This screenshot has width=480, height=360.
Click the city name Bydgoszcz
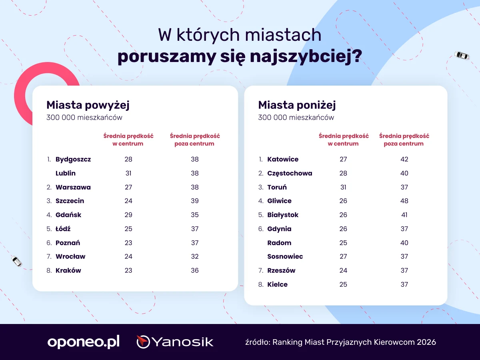click(73, 159)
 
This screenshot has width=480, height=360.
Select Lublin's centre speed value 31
click(128, 173)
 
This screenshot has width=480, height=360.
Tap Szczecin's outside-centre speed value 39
click(195, 201)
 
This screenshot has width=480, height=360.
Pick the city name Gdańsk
click(68, 215)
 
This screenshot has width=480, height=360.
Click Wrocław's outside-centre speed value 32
click(195, 256)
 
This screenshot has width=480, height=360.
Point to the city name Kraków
click(68, 270)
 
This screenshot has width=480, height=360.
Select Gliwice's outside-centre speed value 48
click(404, 201)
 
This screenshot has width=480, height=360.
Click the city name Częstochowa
click(290, 173)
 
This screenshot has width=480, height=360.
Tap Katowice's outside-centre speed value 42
click(404, 159)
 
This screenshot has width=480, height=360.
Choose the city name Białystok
click(283, 215)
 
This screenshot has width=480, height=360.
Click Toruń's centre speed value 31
click(343, 187)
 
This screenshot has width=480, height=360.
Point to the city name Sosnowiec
click(285, 256)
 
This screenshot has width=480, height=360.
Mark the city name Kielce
click(277, 284)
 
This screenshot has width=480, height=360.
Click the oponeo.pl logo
click(84, 342)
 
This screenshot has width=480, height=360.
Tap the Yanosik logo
click(175, 342)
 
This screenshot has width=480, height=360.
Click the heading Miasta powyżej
click(88, 105)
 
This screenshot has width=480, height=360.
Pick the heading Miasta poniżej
click(297, 105)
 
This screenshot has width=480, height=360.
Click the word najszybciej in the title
click(306, 57)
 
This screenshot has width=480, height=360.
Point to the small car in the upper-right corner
click(462, 55)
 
